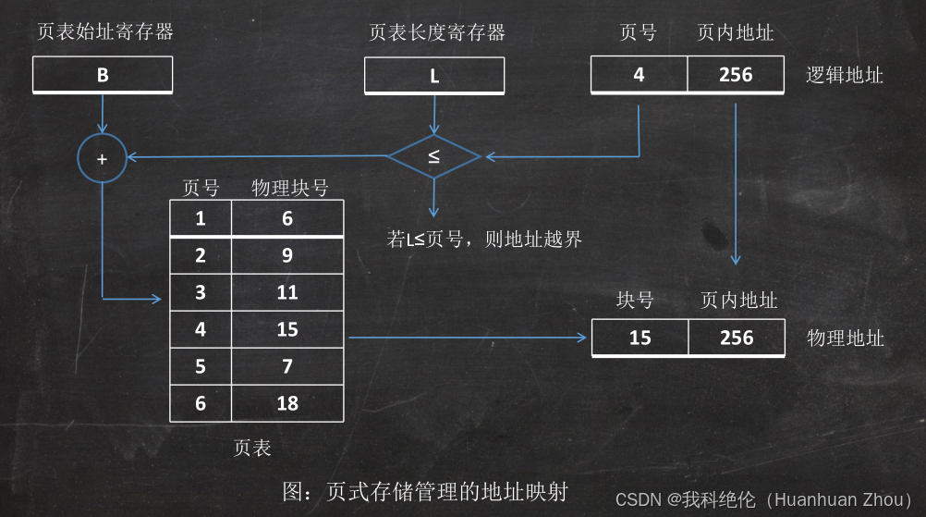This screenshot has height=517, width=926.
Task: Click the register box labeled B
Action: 103,75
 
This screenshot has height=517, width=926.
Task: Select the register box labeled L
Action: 434,75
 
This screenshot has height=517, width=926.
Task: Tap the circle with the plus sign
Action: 102,158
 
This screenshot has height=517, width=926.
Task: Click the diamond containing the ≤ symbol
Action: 433,156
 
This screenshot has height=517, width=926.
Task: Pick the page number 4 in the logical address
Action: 639,74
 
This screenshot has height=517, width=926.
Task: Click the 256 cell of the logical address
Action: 736,74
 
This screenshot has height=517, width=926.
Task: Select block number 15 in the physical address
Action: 640,338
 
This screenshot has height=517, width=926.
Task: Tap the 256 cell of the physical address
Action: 737,338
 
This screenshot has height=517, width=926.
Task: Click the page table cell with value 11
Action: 287,292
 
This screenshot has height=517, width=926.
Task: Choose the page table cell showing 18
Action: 287,403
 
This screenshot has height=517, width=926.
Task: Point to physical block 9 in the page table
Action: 287,255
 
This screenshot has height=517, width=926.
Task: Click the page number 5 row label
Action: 201,366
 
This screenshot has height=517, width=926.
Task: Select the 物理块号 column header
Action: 290,188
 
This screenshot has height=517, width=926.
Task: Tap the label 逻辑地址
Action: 845,75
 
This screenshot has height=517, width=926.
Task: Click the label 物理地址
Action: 846,338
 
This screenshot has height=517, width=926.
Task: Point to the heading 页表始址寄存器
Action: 104,33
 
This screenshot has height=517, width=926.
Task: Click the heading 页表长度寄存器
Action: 437,33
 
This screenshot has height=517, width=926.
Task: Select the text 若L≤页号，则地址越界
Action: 484,240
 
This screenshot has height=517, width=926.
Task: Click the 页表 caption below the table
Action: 252,448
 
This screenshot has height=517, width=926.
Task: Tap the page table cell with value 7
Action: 287,366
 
